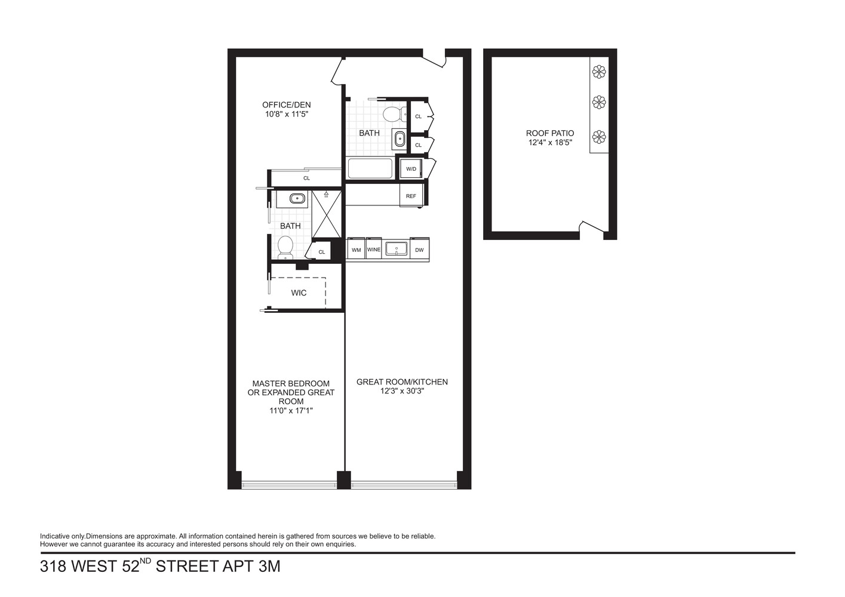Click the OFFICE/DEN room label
[x=287, y=105]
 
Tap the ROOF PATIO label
[x=550, y=134]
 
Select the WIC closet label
[x=299, y=293]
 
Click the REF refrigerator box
[x=411, y=196]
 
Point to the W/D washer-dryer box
[x=411, y=169]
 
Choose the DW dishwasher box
[x=419, y=250]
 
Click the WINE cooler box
[x=374, y=250]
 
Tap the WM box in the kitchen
[x=357, y=250]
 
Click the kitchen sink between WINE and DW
[x=396, y=248]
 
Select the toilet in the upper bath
[x=392, y=113]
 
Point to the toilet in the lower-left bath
[x=285, y=247]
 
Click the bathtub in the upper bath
[x=370, y=168]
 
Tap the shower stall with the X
[x=326, y=213]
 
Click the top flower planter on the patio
[x=599, y=72]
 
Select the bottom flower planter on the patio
[x=599, y=137]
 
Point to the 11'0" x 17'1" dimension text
[x=291, y=410]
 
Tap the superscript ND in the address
[x=146, y=561]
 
